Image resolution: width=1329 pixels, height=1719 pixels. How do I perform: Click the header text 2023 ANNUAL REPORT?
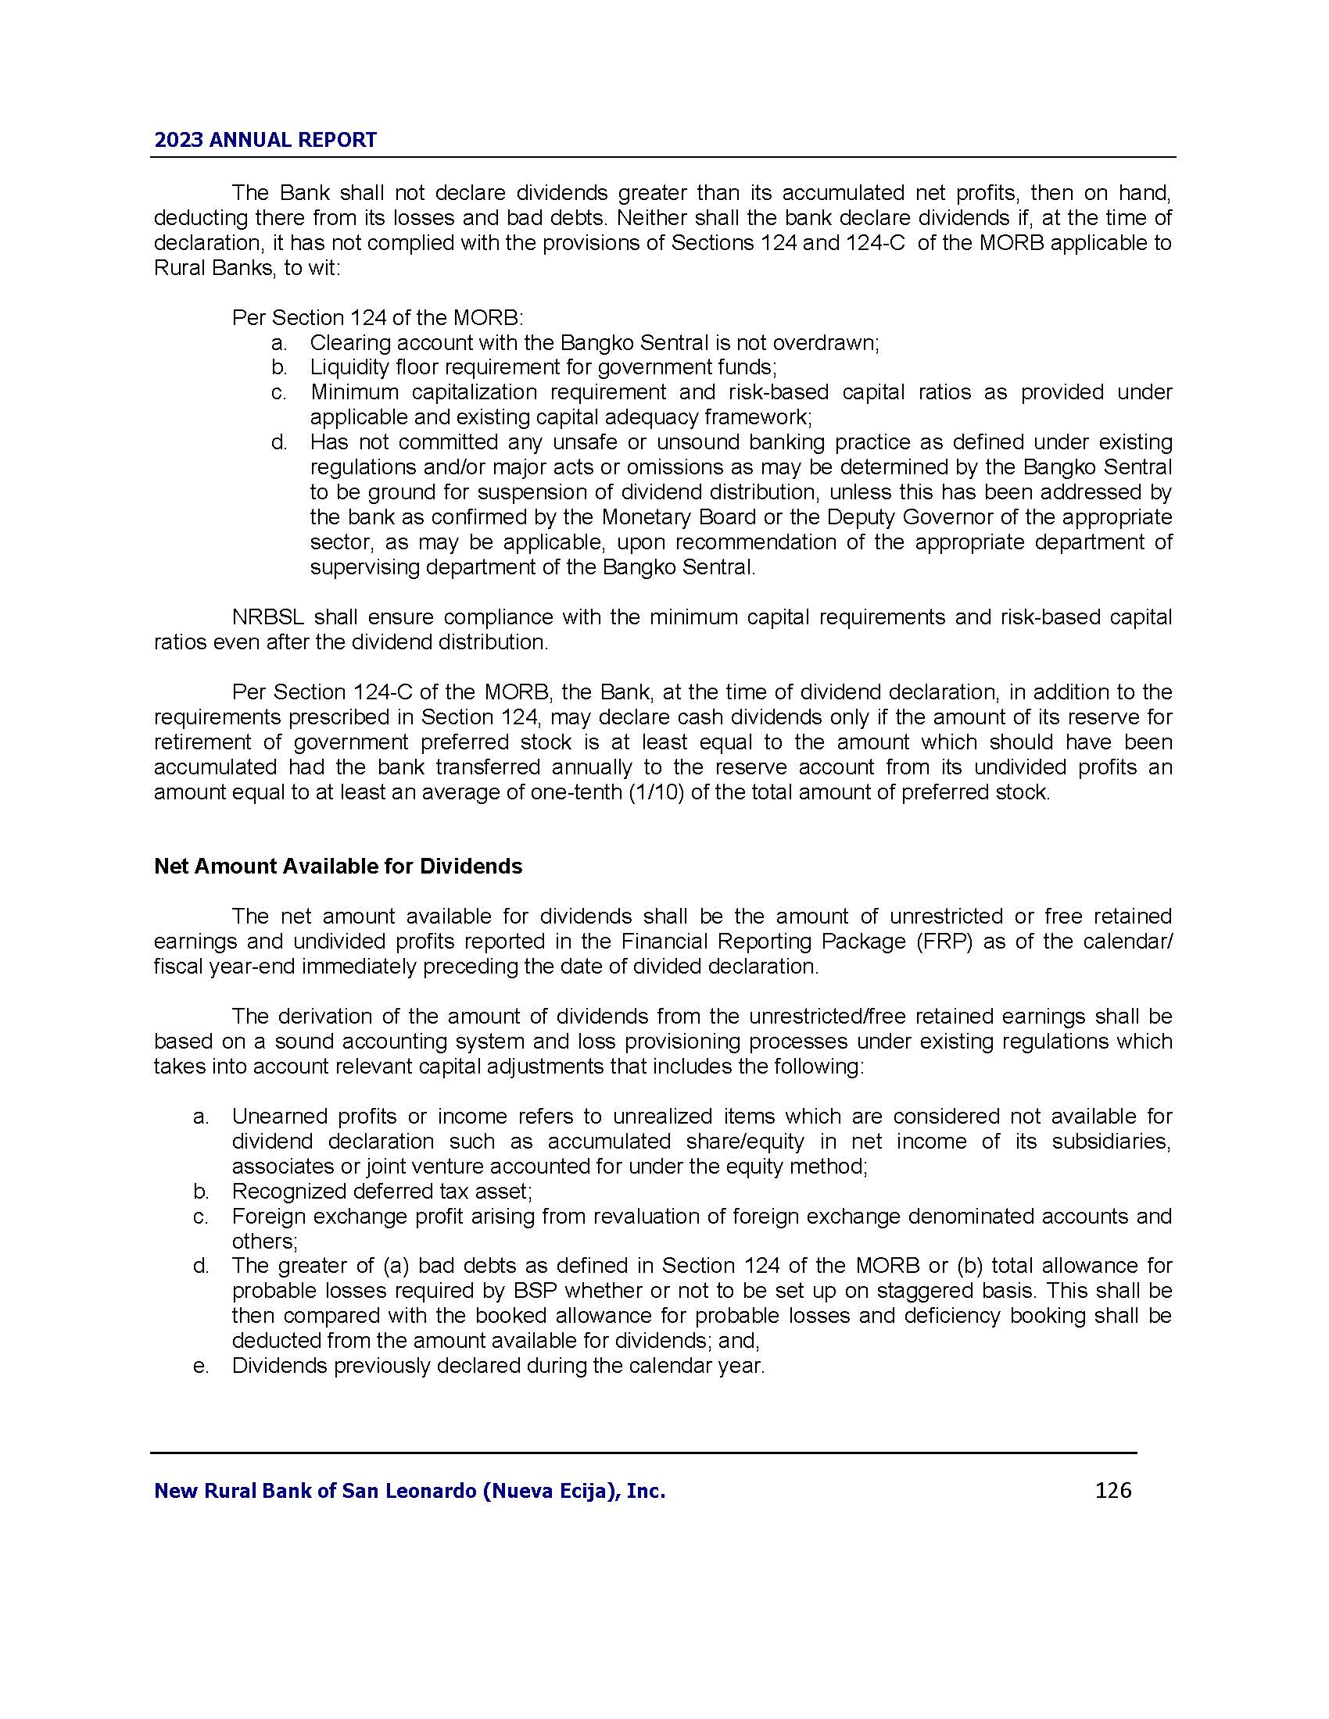tap(265, 140)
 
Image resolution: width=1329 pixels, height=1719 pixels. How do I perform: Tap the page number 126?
tap(1112, 1490)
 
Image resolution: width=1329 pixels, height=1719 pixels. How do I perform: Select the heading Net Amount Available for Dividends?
tap(338, 866)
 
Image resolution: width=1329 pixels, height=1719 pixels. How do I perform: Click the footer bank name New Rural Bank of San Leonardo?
tap(410, 1491)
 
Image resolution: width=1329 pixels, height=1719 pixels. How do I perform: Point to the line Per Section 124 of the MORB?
tap(377, 318)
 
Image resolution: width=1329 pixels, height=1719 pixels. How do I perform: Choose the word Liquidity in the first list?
tap(347, 367)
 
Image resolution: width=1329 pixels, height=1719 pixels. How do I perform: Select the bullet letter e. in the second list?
tap(201, 1366)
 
